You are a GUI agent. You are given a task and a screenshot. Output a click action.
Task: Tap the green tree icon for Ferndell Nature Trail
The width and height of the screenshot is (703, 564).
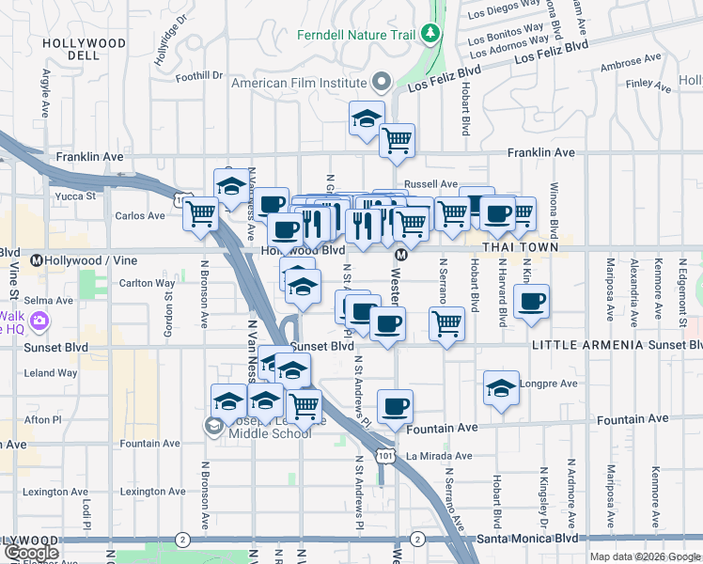click(x=430, y=35)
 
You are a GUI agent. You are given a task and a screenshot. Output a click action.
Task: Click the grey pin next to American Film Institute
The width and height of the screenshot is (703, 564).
click(x=382, y=81)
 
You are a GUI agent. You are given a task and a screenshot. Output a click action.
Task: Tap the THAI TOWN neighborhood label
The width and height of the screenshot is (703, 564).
click(x=520, y=247)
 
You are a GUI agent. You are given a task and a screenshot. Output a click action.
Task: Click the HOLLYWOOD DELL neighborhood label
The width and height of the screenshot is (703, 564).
click(x=85, y=50)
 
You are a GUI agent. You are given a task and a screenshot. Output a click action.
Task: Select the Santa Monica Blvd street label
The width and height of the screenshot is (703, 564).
click(x=526, y=539)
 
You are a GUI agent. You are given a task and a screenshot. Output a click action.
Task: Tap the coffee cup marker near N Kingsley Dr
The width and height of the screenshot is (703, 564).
click(x=532, y=302)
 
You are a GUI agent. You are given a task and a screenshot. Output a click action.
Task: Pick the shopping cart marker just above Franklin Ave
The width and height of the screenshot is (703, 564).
click(x=398, y=141)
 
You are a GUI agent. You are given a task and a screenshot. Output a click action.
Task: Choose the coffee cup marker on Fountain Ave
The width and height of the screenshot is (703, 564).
click(x=395, y=407)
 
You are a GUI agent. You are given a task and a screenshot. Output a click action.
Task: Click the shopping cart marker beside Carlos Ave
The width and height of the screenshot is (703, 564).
click(x=201, y=214)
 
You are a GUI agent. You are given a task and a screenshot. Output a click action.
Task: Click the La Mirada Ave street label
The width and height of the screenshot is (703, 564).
click(x=438, y=456)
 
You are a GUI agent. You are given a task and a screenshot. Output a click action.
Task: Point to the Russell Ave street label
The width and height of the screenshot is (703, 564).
click(x=430, y=184)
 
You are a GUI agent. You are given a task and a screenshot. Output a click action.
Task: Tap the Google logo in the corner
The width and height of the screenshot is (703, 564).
click(x=30, y=552)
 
